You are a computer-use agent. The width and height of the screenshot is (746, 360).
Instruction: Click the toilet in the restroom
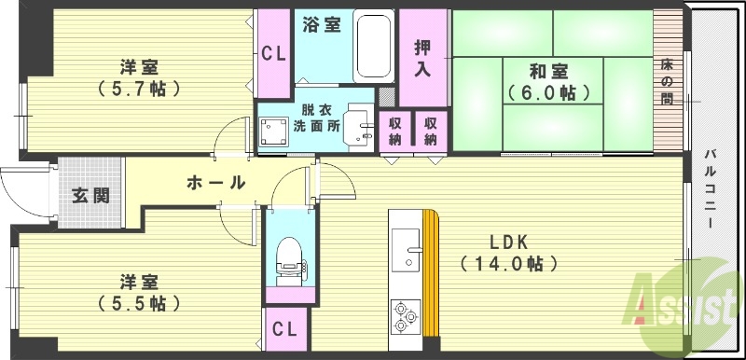tap(289, 255)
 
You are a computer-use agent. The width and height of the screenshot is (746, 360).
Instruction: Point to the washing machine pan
tap(274, 132)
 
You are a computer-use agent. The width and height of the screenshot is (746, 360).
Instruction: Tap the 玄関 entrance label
tap(91, 196)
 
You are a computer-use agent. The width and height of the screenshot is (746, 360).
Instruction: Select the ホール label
tap(216, 183)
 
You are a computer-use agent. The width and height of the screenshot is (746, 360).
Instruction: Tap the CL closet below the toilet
tap(286, 330)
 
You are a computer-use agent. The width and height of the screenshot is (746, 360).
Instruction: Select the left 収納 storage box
tap(393, 132)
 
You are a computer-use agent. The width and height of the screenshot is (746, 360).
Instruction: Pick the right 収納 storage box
tap(429, 132)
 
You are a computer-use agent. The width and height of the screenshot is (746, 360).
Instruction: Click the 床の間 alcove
tap(667, 79)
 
